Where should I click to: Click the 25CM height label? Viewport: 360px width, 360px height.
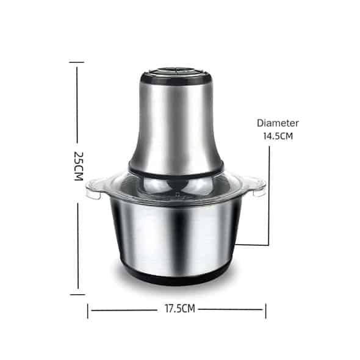[x=79, y=166]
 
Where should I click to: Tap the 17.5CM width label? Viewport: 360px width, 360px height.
[x=180, y=309]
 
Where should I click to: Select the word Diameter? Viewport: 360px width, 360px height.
[x=278, y=123]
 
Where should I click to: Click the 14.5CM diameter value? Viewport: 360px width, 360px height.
[x=278, y=136]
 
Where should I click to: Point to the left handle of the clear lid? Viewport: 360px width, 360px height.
[x=94, y=189]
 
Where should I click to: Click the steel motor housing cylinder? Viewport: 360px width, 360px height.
[x=176, y=126]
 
